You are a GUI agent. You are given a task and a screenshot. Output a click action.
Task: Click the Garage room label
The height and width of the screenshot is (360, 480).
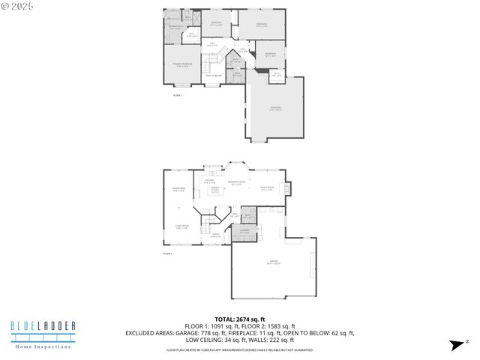[272, 262]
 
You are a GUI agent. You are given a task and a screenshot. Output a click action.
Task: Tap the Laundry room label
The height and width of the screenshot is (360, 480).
[243, 232]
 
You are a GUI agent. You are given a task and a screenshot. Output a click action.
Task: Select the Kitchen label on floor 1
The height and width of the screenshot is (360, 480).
[210, 181]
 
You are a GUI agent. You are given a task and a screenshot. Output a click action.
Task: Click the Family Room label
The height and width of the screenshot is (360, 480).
[266, 188]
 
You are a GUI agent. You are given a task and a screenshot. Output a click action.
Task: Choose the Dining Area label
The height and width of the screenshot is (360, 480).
[178, 190]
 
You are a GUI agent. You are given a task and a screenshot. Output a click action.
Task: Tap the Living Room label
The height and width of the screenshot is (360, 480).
[181, 226]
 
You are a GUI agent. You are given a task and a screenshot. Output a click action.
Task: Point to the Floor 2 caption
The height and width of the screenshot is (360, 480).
[178, 95]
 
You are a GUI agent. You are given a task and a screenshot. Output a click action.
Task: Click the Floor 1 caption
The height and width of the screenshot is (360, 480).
[168, 254]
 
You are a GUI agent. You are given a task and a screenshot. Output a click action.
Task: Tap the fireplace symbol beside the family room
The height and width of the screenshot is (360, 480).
[290, 187]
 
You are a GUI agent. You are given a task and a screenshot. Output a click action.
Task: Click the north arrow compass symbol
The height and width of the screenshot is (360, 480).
[454, 344]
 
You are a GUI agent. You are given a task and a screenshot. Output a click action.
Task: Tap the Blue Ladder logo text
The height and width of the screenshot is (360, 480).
[42, 325]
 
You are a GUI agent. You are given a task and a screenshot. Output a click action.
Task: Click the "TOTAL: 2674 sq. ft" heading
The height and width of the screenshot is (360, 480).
[239, 318]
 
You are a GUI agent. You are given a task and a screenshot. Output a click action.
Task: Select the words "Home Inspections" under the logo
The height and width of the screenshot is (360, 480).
[42, 346]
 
